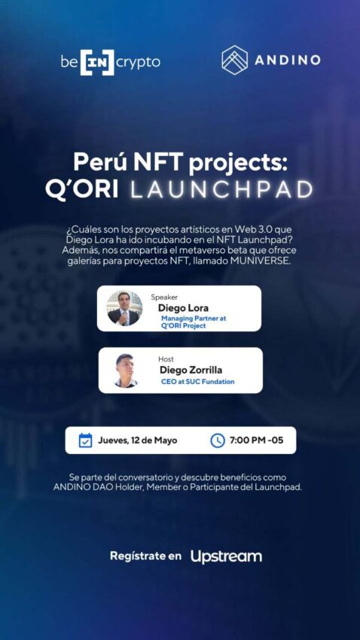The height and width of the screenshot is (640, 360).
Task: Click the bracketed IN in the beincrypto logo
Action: pyautogui.click(x=97, y=62)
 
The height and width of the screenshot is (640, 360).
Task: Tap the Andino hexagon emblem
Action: pyautogui.click(x=235, y=60)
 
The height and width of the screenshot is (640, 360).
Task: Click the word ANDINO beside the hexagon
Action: pyautogui.click(x=288, y=60)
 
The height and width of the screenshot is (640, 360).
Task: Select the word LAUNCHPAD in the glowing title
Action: pyautogui.click(x=221, y=190)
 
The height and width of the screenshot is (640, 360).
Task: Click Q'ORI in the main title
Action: pyautogui.click(x=81, y=190)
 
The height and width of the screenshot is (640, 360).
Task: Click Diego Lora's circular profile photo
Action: pyautogui.click(x=124, y=308)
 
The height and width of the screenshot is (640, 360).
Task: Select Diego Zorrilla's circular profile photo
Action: pyautogui.click(x=126, y=370)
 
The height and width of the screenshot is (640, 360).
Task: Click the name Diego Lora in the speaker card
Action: pyautogui.click(x=183, y=308)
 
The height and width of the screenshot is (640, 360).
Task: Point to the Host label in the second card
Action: pyautogui.click(x=166, y=359)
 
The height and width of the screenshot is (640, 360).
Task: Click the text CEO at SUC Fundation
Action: pyautogui.click(x=198, y=382)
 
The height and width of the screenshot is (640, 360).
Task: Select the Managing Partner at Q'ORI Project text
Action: pyautogui.click(x=194, y=322)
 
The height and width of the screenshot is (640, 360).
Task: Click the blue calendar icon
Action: pyautogui.click(x=85, y=440)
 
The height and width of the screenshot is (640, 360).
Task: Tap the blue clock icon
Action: pyautogui.click(x=218, y=440)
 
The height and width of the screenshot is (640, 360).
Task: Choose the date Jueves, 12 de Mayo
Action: pyautogui.click(x=138, y=440)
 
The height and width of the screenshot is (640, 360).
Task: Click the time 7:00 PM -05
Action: pyautogui.click(x=256, y=440)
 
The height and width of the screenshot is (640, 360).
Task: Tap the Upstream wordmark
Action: pyautogui.click(x=226, y=556)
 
